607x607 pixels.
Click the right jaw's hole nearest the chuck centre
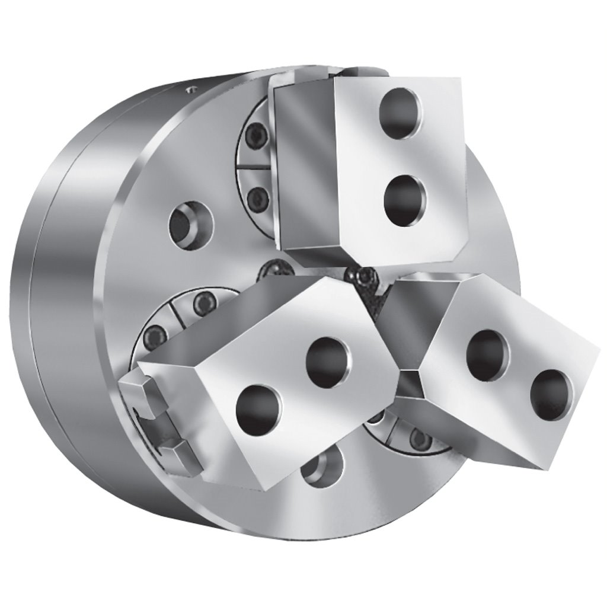(x=487, y=354)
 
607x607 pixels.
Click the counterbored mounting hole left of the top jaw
(x=191, y=223)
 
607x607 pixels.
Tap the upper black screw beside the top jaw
(x=256, y=140)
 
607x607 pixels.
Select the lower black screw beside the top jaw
(x=257, y=196)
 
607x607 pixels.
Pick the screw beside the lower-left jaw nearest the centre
(x=203, y=304)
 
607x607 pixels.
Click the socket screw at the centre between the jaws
(x=363, y=276)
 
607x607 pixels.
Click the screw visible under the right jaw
(x=420, y=439)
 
